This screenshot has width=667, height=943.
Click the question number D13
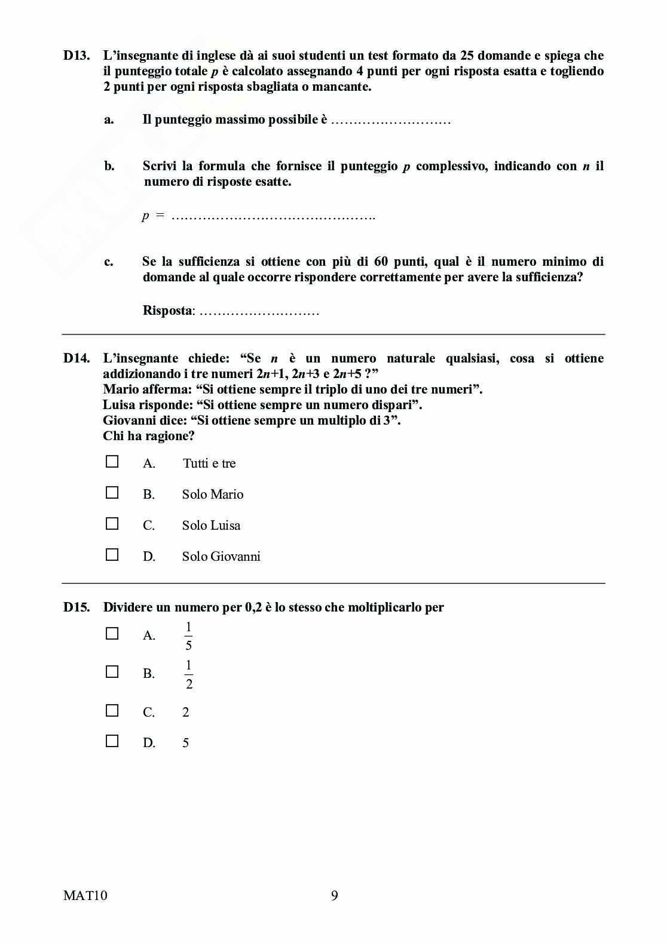pyautogui.click(x=77, y=56)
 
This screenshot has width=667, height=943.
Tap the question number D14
pyautogui.click(x=77, y=358)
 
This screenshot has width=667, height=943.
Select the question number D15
pyautogui.click(x=77, y=607)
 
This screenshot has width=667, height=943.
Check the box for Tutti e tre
pyautogui.click(x=112, y=462)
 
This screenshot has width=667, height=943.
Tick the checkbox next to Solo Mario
pyautogui.click(x=112, y=493)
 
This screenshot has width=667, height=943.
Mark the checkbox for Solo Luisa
pyautogui.click(x=112, y=524)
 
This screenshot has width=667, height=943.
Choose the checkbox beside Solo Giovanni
pyautogui.click(x=112, y=555)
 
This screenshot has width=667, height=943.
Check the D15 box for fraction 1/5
pyautogui.click(x=112, y=634)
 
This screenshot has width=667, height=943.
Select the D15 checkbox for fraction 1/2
pyautogui.click(x=112, y=672)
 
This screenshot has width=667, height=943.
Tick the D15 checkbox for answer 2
pyautogui.click(x=112, y=711)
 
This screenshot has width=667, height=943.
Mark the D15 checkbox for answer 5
pyautogui.click(x=112, y=741)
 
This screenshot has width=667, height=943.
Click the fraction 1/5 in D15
pyautogui.click(x=188, y=636)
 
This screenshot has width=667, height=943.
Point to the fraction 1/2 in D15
pyautogui.click(x=189, y=674)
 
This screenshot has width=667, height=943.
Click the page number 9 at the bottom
pyautogui.click(x=334, y=895)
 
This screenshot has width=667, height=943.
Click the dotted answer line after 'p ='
pyautogui.click(x=273, y=217)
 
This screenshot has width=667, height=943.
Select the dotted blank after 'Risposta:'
pyautogui.click(x=259, y=312)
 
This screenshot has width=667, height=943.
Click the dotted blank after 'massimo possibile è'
pyautogui.click(x=390, y=121)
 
